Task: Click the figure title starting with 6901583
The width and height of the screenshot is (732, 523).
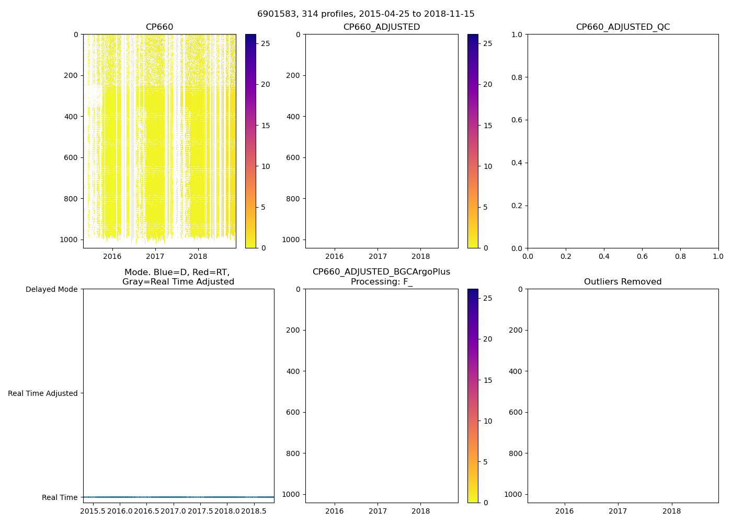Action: point(365,14)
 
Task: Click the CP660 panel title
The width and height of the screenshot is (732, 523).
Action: point(159,27)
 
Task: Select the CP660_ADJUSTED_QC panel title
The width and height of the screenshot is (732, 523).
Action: point(623,27)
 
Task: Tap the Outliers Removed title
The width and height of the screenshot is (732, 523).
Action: point(623,282)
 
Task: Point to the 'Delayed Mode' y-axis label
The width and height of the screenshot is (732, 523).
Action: point(51,289)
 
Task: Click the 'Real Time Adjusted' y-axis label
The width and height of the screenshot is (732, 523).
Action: point(43,393)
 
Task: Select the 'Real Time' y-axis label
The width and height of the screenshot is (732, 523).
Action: point(60,497)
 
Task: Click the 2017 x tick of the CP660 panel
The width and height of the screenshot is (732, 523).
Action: point(155,256)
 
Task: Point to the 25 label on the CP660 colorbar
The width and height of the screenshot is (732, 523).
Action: point(266,43)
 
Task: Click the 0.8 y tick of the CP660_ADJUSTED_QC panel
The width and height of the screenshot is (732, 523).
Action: point(517,77)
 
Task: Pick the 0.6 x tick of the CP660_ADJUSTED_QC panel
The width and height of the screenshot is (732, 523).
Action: point(642,256)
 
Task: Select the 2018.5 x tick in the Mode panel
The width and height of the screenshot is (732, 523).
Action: point(254,511)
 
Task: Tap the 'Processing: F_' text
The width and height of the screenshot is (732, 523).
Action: point(381,282)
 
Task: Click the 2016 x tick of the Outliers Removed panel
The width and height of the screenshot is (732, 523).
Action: point(564,511)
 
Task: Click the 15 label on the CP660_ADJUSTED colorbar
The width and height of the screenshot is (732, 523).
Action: point(488,126)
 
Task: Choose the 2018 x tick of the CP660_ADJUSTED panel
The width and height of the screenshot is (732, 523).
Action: point(420,256)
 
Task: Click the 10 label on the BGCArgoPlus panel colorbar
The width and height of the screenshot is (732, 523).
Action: point(488,421)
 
